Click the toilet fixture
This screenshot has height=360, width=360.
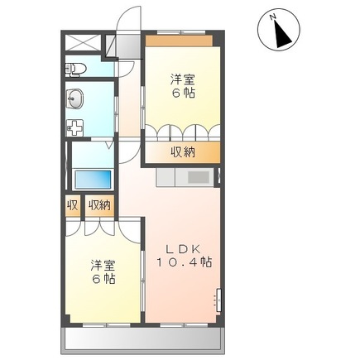click(75, 68)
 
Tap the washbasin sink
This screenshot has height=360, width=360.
click(74, 98)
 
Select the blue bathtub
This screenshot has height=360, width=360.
click(93, 180)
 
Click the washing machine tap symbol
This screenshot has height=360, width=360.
click(75, 127)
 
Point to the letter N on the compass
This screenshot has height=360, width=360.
click(273, 17)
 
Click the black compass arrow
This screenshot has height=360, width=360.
click(284, 34)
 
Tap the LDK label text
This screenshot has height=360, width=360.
click(182, 249)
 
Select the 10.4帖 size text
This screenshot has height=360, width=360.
click(185, 262)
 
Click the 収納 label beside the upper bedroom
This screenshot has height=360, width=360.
click(182, 151)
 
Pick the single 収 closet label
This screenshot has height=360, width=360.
click(72, 205)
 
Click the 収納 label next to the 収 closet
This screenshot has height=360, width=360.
click(99, 205)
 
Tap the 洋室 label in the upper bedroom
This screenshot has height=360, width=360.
click(182, 80)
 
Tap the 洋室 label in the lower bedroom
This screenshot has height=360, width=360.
click(103, 266)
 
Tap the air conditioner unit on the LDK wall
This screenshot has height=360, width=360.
click(218, 300)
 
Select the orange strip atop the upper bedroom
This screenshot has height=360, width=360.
click(179, 41)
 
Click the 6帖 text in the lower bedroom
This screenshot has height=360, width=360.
click(103, 279)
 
